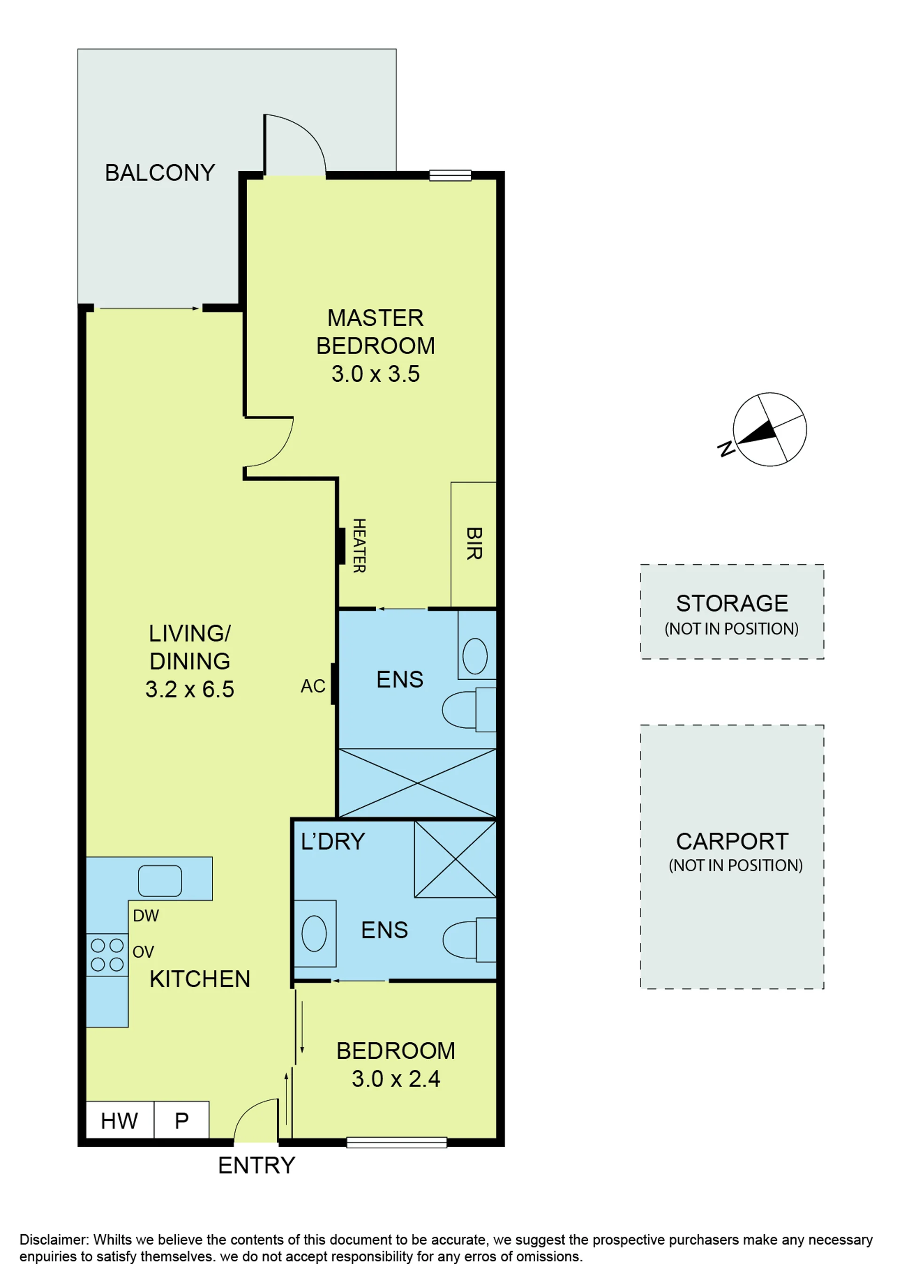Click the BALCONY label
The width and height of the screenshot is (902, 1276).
pyautogui.click(x=160, y=173)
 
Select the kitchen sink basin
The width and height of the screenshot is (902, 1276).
pyautogui.click(x=160, y=881)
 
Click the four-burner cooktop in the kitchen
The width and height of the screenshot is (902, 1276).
pyautogui.click(x=107, y=955)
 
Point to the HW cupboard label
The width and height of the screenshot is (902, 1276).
pyautogui.click(x=119, y=1121)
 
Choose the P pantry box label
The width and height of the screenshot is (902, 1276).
pyautogui.click(x=182, y=1121)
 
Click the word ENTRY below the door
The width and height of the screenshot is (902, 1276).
pyautogui.click(x=257, y=1166)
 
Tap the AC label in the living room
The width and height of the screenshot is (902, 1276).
pyautogui.click(x=313, y=686)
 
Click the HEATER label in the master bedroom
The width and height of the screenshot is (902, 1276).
pyautogui.click(x=359, y=546)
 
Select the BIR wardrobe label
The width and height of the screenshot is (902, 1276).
pyautogui.click(x=474, y=543)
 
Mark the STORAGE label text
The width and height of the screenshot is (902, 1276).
pyautogui.click(x=732, y=603)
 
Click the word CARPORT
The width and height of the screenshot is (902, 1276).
pyautogui.click(x=732, y=842)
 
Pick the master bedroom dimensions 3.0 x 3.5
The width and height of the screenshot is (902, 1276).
pyautogui.click(x=375, y=374)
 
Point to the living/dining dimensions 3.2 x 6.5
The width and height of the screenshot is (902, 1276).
pyautogui.click(x=190, y=689)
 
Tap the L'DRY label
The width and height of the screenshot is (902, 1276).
pyautogui.click(x=333, y=842)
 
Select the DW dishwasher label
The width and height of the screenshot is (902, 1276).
pyautogui.click(x=146, y=916)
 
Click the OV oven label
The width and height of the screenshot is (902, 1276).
pyautogui.click(x=143, y=952)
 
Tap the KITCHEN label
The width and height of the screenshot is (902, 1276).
pyautogui.click(x=200, y=979)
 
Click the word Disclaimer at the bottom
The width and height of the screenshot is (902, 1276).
pyautogui.click(x=54, y=1240)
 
